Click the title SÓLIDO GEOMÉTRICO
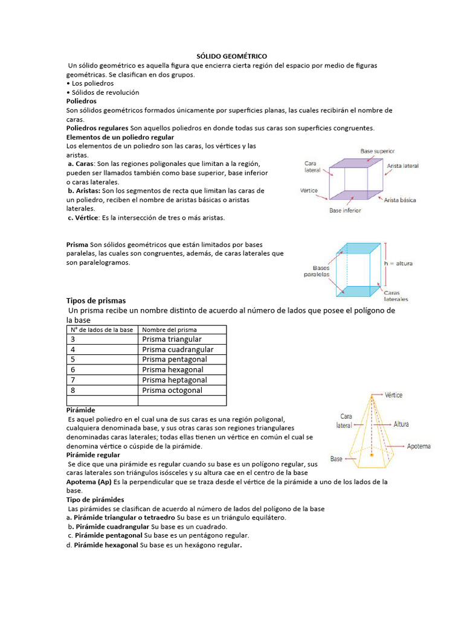point(232,56)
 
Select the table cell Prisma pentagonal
point(175,360)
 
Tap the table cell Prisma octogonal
point(172,390)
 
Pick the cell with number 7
point(73,380)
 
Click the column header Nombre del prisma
point(169,330)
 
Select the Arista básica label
point(399,200)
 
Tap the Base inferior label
point(345,211)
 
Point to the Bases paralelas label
point(317,270)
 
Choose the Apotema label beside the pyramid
point(419,446)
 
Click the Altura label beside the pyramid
point(401,424)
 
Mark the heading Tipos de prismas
point(95,301)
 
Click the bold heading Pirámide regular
point(93,454)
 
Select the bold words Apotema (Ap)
point(88,482)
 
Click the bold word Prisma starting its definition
point(77,245)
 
